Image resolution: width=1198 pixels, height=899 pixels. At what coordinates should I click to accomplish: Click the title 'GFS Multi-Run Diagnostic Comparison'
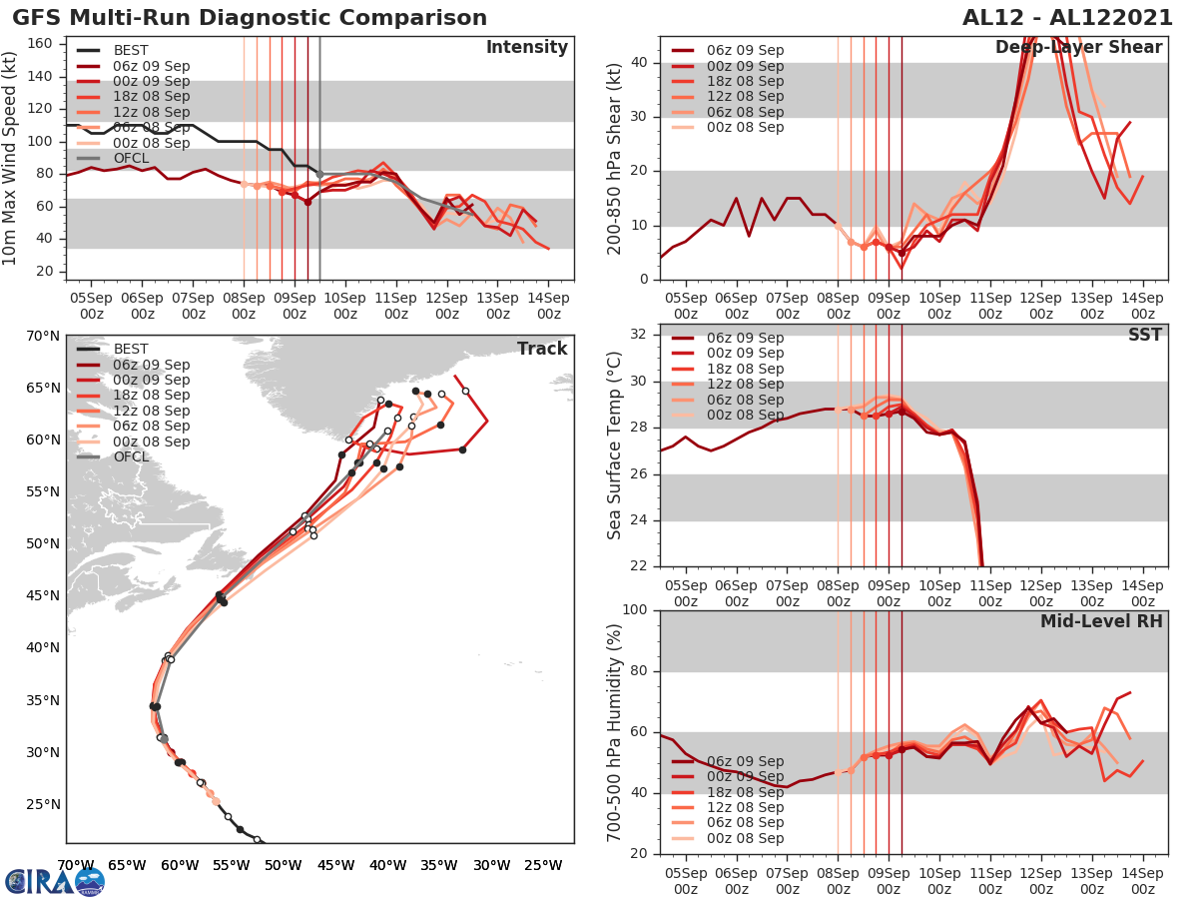[250, 18]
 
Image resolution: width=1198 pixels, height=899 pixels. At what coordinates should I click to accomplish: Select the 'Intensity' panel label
[526, 48]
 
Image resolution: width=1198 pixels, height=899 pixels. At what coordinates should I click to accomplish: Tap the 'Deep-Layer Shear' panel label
[1078, 48]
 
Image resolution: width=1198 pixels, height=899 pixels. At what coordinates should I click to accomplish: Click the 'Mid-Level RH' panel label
[1101, 622]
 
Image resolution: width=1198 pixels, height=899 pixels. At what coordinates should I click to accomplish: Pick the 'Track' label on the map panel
[542, 349]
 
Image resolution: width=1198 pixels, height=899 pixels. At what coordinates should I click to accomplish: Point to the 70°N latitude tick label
[43, 336]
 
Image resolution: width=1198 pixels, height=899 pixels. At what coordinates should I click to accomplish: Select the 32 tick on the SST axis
[640, 335]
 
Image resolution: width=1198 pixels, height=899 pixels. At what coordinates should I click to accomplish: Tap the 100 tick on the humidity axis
[635, 609]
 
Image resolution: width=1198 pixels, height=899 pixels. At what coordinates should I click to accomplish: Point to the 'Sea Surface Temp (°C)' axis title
[615, 446]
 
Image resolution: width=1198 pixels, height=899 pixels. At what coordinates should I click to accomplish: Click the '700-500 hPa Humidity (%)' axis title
[615, 731]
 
